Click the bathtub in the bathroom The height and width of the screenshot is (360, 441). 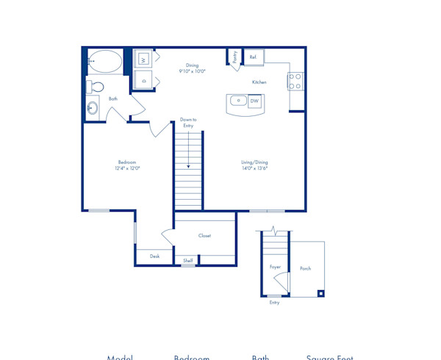click(x=107, y=61)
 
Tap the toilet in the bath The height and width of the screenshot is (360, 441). click(x=95, y=87)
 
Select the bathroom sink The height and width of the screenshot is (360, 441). click(x=93, y=108)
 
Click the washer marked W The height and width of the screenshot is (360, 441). click(x=143, y=59)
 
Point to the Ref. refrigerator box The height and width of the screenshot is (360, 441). click(x=253, y=57)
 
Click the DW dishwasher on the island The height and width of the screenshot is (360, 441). click(x=254, y=101)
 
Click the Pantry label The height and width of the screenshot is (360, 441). click(x=234, y=57)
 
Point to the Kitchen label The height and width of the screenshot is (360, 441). click(x=259, y=82)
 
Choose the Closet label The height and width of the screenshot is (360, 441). click(x=204, y=236)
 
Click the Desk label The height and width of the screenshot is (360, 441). click(x=154, y=256)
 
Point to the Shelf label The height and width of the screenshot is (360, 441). click(x=188, y=260)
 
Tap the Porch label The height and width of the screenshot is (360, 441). click(x=305, y=268)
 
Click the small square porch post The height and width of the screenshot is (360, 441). click(x=320, y=293)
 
